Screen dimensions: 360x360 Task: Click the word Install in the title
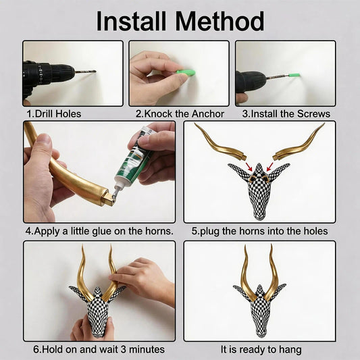point(131,21)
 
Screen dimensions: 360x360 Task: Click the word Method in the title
point(220,21)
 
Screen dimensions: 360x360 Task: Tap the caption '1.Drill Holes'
point(54,114)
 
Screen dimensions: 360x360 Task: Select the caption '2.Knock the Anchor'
point(180,114)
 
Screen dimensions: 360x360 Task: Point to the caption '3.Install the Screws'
point(286,114)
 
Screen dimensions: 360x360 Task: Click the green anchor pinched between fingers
point(186,72)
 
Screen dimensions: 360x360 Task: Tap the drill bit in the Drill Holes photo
point(85,72)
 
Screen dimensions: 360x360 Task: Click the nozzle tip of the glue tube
point(114,195)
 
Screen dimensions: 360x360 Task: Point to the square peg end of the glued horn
point(108,199)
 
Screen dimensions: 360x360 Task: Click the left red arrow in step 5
point(249,166)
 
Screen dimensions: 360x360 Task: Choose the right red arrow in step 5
point(269,167)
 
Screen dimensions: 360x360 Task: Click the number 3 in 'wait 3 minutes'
point(123,349)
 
